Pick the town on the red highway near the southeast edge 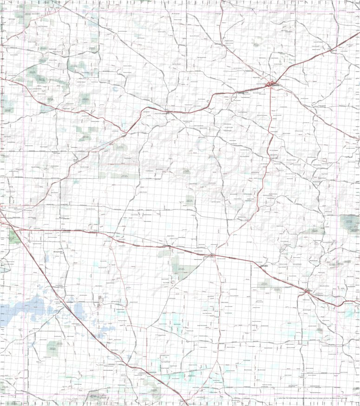point(308,291)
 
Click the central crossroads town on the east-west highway point(212,255)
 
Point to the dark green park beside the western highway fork point(14,237)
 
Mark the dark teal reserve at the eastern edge point(350,223)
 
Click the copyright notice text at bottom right point(316,399)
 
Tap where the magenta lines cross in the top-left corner point(24,11)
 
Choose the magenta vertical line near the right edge point(338,186)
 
